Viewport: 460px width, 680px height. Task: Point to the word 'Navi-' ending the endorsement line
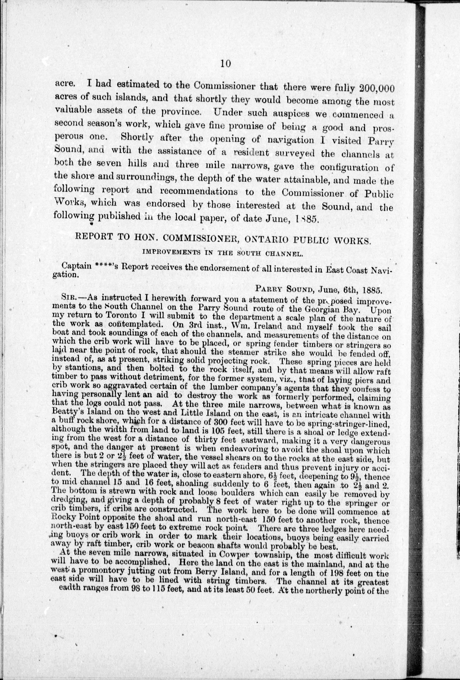pyautogui.click(x=380, y=270)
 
